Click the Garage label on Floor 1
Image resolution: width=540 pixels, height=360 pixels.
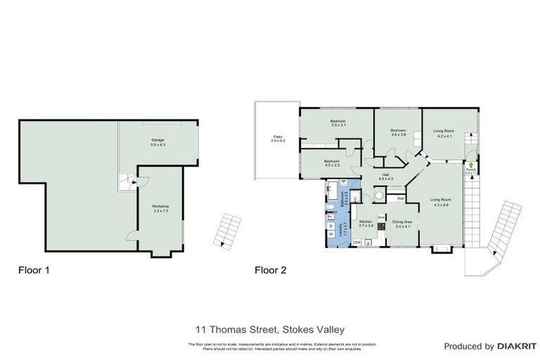click(158, 142)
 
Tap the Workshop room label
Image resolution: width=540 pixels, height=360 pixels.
click(160, 208)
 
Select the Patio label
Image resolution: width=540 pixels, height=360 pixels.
click(268, 139)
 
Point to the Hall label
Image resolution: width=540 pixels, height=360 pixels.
click(385, 177)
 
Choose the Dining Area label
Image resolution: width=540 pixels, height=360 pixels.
click(402, 224)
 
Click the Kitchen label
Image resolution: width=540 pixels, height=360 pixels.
click(366, 224)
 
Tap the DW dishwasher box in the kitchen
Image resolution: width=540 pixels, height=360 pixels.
click(358, 242)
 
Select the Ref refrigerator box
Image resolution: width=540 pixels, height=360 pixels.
click(400, 198)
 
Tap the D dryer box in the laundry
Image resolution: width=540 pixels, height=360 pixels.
click(330, 225)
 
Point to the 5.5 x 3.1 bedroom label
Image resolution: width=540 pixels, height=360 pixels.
click(339, 123)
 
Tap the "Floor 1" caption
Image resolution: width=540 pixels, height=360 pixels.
click(33, 269)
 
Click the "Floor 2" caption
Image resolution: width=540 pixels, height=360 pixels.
click(270, 269)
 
